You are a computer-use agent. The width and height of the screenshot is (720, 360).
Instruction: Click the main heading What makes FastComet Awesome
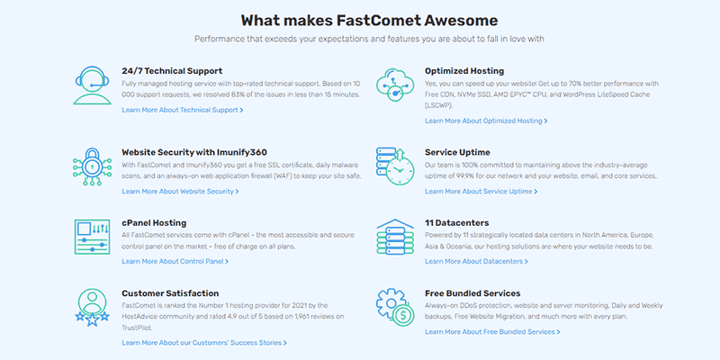369,21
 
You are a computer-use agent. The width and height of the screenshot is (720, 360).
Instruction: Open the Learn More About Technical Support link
183,110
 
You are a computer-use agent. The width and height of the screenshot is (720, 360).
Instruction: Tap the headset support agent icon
93,85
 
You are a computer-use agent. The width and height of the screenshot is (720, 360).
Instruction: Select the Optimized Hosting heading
464,71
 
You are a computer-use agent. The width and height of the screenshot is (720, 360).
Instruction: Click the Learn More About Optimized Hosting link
486,121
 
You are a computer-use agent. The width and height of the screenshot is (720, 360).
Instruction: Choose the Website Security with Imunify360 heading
194,152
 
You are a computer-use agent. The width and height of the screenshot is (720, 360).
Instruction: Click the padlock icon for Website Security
93,166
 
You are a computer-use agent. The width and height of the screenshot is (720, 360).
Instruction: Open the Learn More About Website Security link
180,192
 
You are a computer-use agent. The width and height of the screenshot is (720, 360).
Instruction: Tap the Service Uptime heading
457,152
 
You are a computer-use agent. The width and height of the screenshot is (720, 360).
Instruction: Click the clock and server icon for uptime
395,166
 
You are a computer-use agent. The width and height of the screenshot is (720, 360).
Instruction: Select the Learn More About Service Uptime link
481,192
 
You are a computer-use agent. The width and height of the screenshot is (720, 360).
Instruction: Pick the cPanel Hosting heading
154,223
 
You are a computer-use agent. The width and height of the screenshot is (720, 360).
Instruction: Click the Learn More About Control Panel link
175,262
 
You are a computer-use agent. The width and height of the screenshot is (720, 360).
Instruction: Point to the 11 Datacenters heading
457,223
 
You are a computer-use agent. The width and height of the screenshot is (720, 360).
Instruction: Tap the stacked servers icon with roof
395,237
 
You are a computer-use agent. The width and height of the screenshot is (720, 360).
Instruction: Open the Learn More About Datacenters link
476,262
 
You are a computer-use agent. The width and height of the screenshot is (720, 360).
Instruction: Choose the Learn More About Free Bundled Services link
492,332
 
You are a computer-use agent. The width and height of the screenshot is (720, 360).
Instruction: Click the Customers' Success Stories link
204,343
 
